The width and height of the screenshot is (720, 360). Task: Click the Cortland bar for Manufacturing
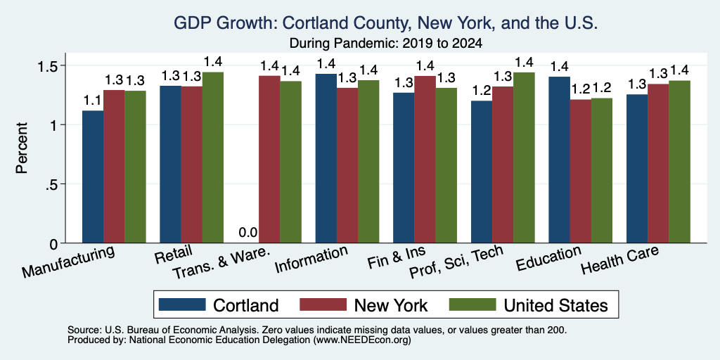tap(93, 176)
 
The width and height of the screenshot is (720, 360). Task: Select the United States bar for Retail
tap(213, 157)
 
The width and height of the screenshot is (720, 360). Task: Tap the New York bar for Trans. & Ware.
tap(269, 160)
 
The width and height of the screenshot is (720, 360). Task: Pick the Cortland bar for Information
tap(326, 158)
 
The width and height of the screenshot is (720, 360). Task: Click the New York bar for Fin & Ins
tap(425, 160)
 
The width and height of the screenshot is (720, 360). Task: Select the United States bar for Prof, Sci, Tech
tap(524, 157)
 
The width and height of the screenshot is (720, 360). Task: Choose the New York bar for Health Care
tap(658, 163)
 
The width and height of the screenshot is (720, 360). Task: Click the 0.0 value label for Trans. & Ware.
tap(248, 233)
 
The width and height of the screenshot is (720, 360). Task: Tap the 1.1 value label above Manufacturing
tap(93, 100)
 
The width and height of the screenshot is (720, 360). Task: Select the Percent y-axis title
tap(22, 148)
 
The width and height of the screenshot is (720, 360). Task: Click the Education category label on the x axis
tap(548, 259)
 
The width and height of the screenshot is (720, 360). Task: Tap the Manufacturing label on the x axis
tap(68, 262)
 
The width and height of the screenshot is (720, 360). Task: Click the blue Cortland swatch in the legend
tap(182, 304)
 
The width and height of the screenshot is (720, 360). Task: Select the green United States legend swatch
tap(472, 304)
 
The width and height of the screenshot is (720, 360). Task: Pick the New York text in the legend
tap(391, 305)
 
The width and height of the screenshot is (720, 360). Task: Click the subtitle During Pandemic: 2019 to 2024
tap(386, 44)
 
